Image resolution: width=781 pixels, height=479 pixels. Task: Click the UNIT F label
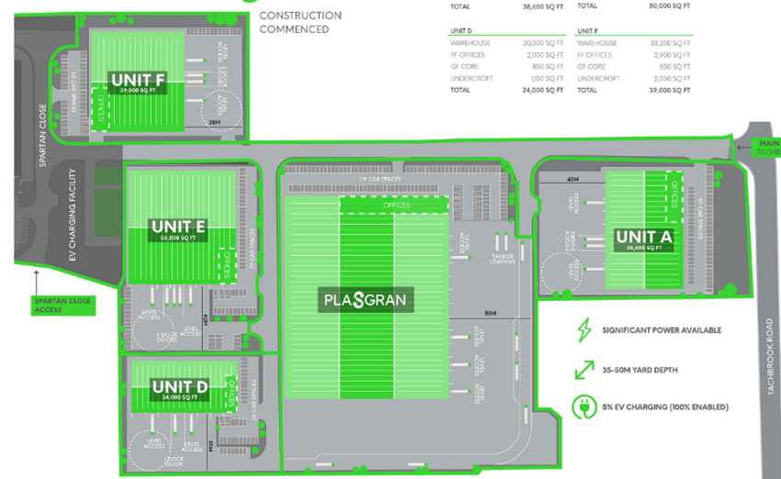point(138,80)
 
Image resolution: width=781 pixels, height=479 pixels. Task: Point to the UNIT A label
point(645,236)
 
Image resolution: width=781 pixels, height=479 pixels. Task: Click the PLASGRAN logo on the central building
point(364,299)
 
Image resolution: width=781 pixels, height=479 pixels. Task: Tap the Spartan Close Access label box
point(36,305)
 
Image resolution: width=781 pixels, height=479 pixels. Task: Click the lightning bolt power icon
point(581,329)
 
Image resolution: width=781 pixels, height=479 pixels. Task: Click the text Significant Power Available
point(662,330)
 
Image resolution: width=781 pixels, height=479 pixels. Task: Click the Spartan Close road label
point(42,134)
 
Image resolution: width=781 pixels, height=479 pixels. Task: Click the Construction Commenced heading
point(300,22)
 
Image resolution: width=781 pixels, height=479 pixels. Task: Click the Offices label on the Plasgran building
point(396,205)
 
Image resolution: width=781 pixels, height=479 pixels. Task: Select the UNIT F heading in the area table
point(588,30)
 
